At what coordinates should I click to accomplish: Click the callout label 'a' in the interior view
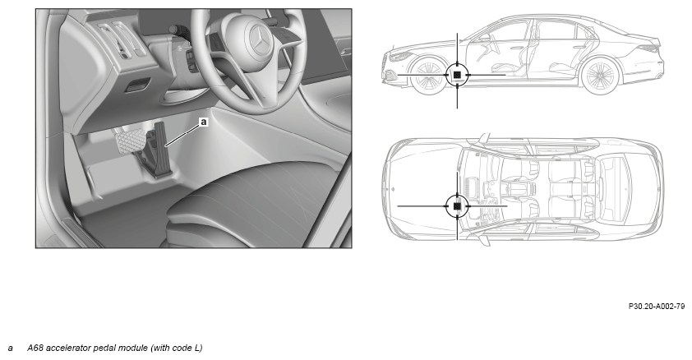pyautogui.click(x=204, y=122)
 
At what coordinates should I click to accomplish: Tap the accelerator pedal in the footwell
pyautogui.click(x=161, y=150)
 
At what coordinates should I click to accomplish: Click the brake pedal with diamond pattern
pyautogui.click(x=131, y=141)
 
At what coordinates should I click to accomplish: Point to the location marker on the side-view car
pyautogui.click(x=457, y=75)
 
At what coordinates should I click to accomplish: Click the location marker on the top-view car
pyautogui.click(x=457, y=205)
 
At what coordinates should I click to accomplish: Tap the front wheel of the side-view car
pyautogui.click(x=427, y=76)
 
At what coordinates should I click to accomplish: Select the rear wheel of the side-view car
pyautogui.click(x=600, y=76)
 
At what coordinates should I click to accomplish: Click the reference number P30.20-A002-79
pyautogui.click(x=657, y=307)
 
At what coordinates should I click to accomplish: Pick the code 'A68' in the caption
pyautogui.click(x=35, y=348)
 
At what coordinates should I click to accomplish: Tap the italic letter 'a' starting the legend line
pyautogui.click(x=10, y=348)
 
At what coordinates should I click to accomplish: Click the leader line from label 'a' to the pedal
pyautogui.click(x=182, y=135)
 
